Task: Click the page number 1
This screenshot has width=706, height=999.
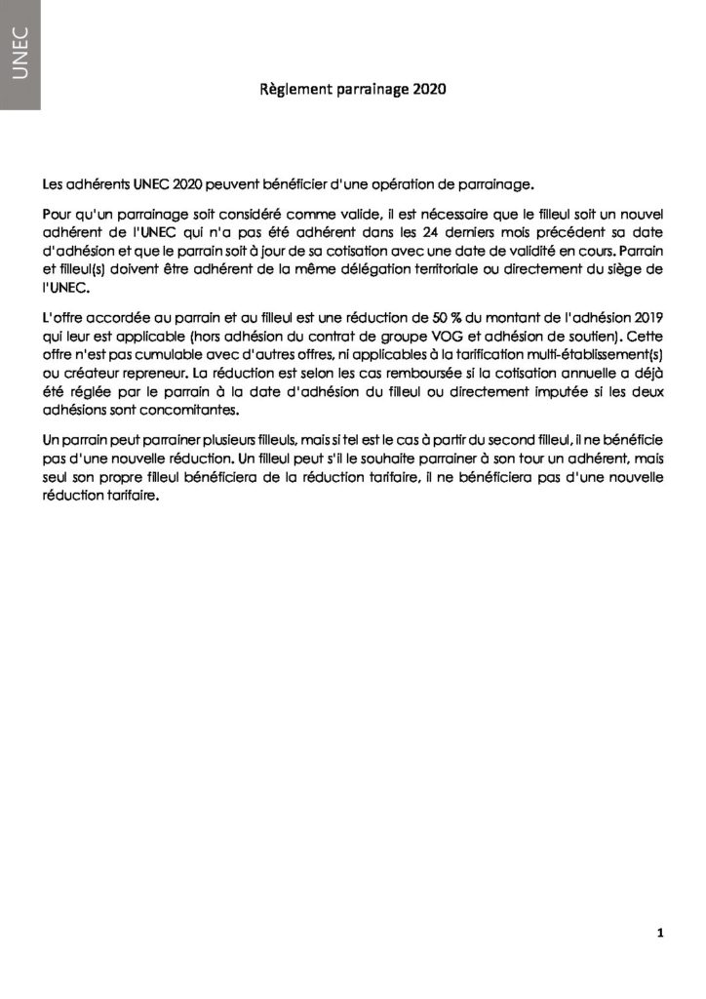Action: [x=660, y=934]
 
